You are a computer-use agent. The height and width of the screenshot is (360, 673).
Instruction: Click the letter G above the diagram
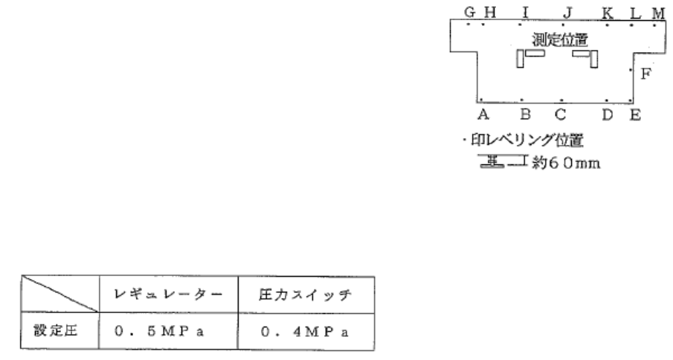coord(469,13)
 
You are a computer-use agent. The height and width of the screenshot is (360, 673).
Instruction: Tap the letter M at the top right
coord(658,13)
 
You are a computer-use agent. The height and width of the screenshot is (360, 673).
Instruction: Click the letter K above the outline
coord(608,13)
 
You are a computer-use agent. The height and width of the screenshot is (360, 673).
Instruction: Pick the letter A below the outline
coord(483,115)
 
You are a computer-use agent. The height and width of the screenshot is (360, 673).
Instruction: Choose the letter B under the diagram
coord(525,115)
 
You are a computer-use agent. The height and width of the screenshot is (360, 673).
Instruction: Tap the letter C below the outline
coord(560,115)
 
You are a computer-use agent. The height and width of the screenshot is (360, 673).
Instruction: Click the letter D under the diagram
coord(608,115)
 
